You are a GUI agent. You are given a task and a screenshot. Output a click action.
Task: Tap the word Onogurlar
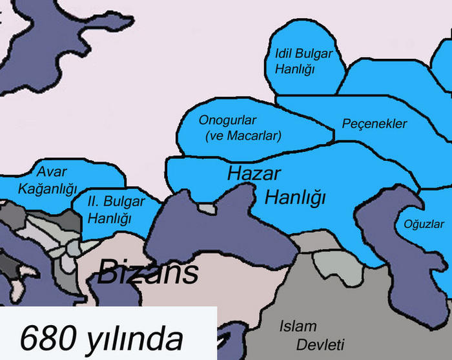228,121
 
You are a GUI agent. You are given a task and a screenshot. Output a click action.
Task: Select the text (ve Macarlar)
243,136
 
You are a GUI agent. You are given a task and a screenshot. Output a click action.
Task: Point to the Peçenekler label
375,123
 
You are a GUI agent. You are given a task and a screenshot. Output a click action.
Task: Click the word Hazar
254,173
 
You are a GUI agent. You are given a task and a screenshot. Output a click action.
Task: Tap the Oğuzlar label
424,224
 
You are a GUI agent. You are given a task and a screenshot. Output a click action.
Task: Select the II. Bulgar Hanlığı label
116,209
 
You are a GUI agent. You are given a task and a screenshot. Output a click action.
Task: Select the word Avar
52,171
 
